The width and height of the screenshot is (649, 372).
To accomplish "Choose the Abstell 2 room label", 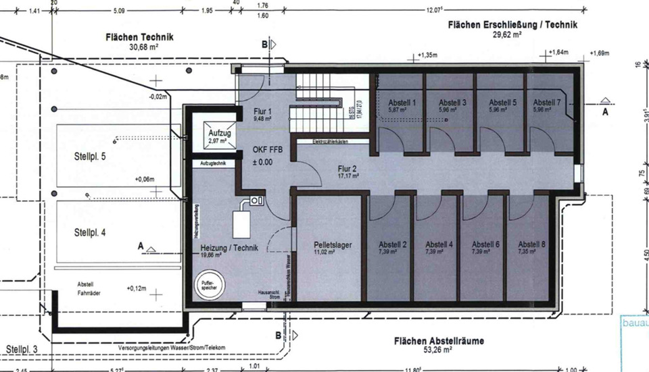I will click(x=392, y=244).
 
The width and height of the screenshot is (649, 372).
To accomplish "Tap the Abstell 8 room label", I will click(x=531, y=244).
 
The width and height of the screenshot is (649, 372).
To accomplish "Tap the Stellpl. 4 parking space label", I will click(x=90, y=232).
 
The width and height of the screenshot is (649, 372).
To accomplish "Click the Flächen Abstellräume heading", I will click(x=439, y=341).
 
